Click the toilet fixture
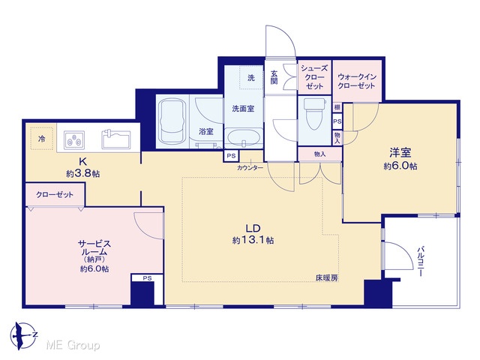tap(313, 113)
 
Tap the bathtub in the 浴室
tap(172, 121)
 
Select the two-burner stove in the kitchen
tap(74, 139)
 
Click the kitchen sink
tap(116, 139)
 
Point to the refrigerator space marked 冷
tap(42, 138)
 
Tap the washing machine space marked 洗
tap(251, 77)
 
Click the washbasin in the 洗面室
tap(244, 138)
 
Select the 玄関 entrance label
tap(274, 77)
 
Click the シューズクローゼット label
tap(315, 77)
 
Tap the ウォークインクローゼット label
tap(357, 81)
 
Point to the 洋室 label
tap(400, 152)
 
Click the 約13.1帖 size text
tap(253, 240)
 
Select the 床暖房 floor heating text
tap(327, 278)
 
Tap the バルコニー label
tap(421, 261)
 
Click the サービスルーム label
tap(94, 248)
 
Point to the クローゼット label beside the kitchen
tap(55, 194)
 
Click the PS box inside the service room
tap(147, 278)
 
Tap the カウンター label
tap(250, 168)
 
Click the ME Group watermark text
tap(73, 345)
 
